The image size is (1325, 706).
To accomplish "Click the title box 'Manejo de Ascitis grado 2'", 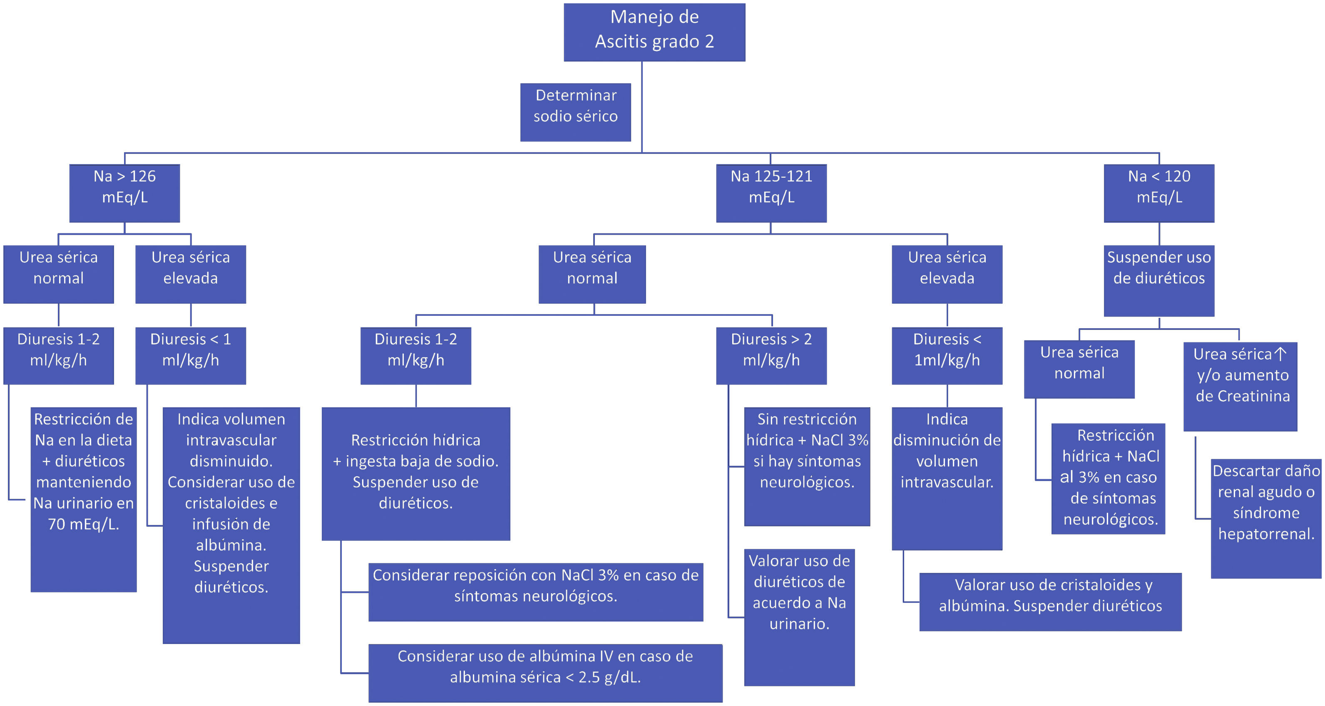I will [654, 32].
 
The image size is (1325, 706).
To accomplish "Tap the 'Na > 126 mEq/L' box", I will [124, 193].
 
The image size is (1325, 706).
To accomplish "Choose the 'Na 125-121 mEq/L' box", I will [771, 193].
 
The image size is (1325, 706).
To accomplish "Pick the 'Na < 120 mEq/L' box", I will [1158, 193].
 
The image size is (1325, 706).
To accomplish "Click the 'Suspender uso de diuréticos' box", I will [1158, 280].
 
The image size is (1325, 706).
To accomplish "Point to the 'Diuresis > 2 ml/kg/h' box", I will [771, 355].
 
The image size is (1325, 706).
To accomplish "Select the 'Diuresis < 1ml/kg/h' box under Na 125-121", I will [947, 355].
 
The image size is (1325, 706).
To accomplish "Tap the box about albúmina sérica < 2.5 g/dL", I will [545, 673].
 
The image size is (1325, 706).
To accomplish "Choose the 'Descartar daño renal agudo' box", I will [1266, 518].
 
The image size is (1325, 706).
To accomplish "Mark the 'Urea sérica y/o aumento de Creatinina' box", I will [1240, 386].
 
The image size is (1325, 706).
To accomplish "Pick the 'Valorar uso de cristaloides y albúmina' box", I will [1050, 602].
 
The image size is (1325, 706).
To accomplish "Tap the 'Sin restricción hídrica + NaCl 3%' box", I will [806, 466].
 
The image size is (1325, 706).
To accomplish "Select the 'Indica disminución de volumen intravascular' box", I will [947, 478].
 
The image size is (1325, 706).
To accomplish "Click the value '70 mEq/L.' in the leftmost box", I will [83, 524].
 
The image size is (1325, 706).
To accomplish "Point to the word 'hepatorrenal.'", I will [1266, 534].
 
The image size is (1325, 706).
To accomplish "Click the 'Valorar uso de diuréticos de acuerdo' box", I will [799, 617].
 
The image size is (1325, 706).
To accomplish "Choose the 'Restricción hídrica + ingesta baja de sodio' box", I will [415, 473].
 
